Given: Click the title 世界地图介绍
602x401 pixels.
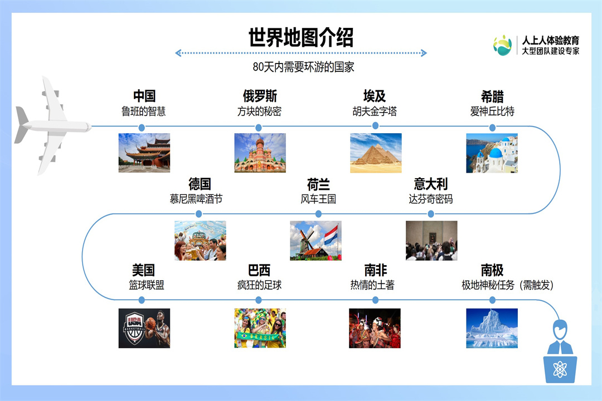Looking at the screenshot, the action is coord(300,37).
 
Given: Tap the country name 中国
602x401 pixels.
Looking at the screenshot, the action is coord(144,96).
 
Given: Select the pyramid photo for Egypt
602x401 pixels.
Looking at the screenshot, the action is coord(376,153).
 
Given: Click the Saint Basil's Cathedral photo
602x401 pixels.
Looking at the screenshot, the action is coord(260,153).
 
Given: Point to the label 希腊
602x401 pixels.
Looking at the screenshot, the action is coord(492,96).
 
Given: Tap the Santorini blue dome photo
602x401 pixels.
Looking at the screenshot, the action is coord(492,153).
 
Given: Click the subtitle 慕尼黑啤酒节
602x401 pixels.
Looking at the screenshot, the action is coord(196,199).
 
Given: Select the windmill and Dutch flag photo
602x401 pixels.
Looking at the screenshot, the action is coord(315,241).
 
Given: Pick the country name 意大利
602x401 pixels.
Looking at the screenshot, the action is coord(431,184).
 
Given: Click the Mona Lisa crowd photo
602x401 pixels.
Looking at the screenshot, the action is coord(431,241).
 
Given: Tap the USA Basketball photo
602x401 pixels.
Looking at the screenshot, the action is coord(144,328).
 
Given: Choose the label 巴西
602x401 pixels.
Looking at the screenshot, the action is coord(259,270).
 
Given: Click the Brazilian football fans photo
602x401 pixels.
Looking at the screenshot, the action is coord(260,328).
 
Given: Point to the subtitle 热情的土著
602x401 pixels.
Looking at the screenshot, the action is coord(372,285).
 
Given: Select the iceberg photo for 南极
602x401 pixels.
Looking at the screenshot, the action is coord(492,328).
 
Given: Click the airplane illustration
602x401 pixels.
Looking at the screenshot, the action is coord(52,125).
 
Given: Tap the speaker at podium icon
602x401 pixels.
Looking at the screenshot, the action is coord(560,351).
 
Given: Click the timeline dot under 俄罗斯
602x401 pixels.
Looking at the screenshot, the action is coord(259,128).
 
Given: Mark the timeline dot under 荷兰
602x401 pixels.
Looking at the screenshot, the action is coord(318,214).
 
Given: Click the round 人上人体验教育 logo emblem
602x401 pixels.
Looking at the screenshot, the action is coord(503,45).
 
